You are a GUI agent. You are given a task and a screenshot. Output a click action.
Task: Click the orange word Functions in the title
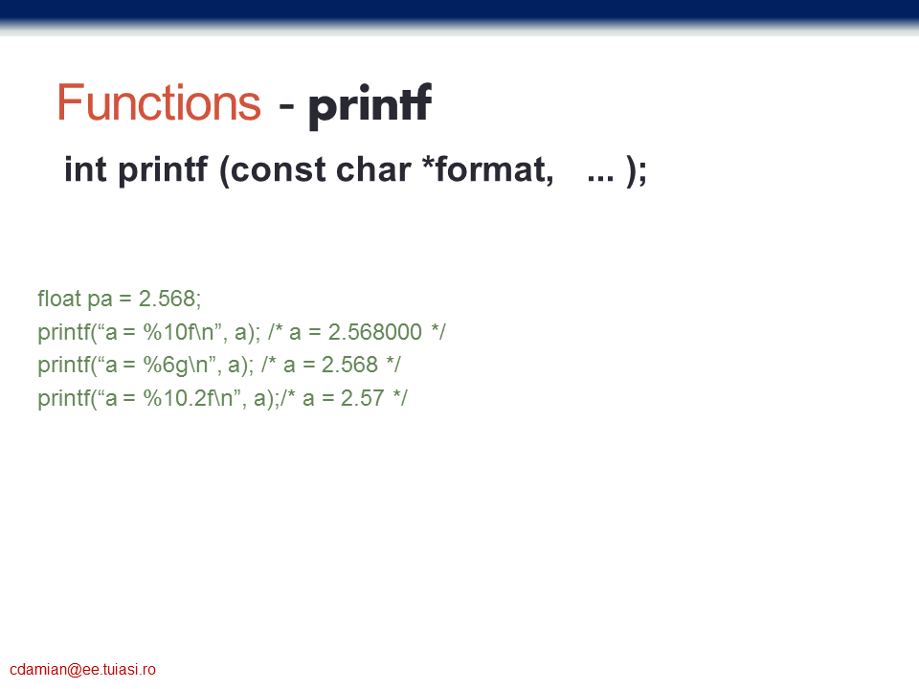pyautogui.click(x=159, y=102)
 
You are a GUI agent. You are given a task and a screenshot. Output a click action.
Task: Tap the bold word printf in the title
pyautogui.click(x=370, y=105)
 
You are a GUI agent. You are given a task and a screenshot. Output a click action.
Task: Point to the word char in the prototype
pyautogui.click(x=373, y=169)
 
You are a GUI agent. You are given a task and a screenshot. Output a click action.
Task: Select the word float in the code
pyautogui.click(x=59, y=299)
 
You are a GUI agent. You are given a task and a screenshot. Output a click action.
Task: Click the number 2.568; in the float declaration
pyautogui.click(x=170, y=299)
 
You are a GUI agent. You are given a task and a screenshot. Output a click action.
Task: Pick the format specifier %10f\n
pyautogui.click(x=181, y=332)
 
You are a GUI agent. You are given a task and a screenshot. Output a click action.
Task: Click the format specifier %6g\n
pyautogui.click(x=176, y=365)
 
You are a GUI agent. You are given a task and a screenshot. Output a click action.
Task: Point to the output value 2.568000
pyautogui.click(x=375, y=332)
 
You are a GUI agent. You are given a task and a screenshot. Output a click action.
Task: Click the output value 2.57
pyautogui.click(x=362, y=398)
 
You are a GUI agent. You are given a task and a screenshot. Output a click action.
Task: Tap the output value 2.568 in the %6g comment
pyautogui.click(x=350, y=365)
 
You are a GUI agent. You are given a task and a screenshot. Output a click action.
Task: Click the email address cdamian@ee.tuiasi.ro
pyautogui.click(x=82, y=669)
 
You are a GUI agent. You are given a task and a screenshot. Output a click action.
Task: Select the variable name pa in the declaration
pyautogui.click(x=100, y=300)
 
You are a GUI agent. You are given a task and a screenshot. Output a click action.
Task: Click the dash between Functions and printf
pyautogui.click(x=286, y=106)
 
